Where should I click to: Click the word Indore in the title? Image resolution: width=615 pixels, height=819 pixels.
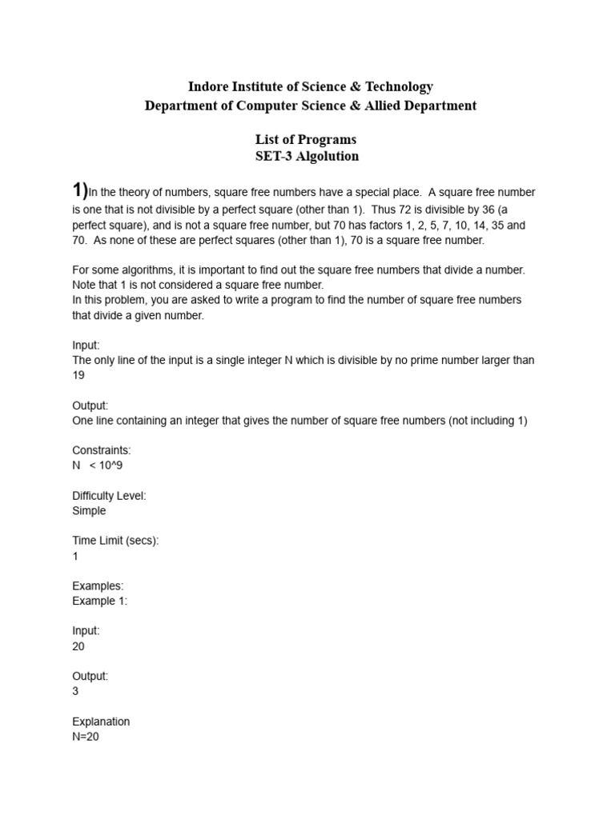pos(208,86)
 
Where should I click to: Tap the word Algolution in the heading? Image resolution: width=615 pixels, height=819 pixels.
pos(328,156)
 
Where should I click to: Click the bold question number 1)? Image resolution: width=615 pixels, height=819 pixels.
pos(79,190)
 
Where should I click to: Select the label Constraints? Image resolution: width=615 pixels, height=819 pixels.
pos(102,450)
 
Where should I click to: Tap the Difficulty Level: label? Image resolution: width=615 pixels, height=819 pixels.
pos(109,496)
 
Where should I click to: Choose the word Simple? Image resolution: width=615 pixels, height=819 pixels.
pos(89,511)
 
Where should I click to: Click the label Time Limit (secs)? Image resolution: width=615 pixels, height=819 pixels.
pos(115,541)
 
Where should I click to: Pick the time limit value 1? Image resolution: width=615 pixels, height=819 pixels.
pos(75,556)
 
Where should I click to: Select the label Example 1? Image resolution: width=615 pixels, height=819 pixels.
pos(99,601)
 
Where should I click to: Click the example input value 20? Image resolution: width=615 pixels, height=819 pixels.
pos(78,646)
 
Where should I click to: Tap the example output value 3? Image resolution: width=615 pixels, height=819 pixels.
pos(75,691)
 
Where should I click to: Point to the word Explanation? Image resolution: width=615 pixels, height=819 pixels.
pos(101,721)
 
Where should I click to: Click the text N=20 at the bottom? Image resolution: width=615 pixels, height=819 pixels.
pos(86,737)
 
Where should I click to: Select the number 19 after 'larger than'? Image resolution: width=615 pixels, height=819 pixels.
pos(78,375)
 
